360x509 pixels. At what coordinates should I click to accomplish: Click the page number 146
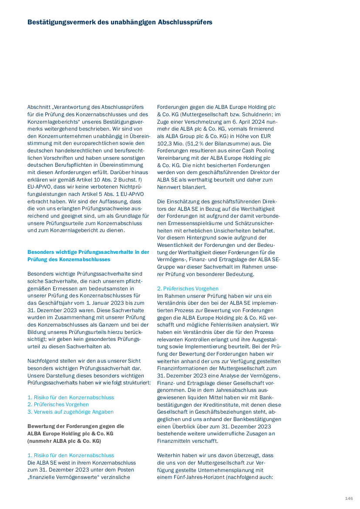[x=349, y=498]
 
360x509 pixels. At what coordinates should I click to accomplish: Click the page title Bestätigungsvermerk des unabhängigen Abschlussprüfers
[x=120, y=22]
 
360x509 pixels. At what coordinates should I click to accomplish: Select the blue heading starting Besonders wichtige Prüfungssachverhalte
[x=88, y=256]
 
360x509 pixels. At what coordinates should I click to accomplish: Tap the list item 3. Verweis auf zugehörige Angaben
[x=71, y=411]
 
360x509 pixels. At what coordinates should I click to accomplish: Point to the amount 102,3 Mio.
[x=173, y=143]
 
